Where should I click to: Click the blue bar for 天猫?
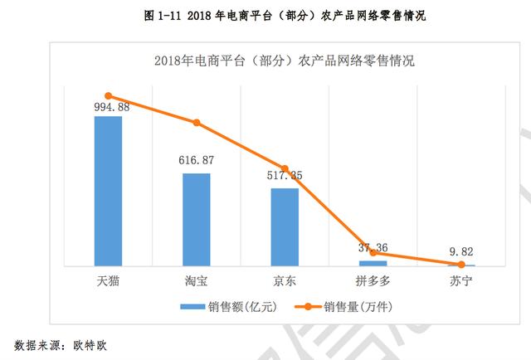coord(108,191)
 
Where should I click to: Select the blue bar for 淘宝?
coord(197,220)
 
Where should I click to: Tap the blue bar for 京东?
coord(285,226)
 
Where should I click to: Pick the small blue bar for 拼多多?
coord(373,263)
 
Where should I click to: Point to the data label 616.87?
coord(197,159)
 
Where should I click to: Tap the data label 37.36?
coord(373,246)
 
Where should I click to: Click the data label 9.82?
coord(460,251)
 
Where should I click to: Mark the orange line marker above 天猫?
coord(109,96)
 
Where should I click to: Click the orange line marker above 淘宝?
coord(197,123)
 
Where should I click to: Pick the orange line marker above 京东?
coord(285,168)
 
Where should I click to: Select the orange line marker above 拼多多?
coord(373,253)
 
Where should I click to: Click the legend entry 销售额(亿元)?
coord(227,306)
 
